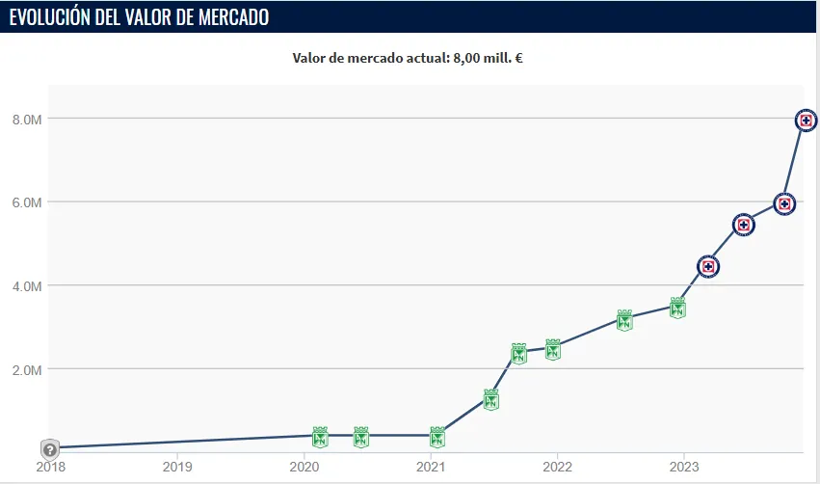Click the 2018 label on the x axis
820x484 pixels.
[50, 467]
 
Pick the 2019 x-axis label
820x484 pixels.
[176, 467]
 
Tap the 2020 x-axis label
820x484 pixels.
[304, 467]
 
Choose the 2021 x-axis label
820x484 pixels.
[431, 467]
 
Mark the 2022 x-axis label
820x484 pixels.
[557, 467]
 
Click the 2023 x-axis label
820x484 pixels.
[684, 467]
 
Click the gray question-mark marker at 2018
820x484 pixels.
[50, 449]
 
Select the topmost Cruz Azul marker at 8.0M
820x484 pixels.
[807, 121]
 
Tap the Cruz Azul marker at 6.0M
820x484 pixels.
[784, 203]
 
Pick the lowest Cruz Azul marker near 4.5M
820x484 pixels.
[708, 266]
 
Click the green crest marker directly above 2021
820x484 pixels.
[437, 437]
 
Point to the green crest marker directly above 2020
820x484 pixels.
[320, 437]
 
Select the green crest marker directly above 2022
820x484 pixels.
[553, 349]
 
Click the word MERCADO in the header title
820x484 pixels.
[229, 17]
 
